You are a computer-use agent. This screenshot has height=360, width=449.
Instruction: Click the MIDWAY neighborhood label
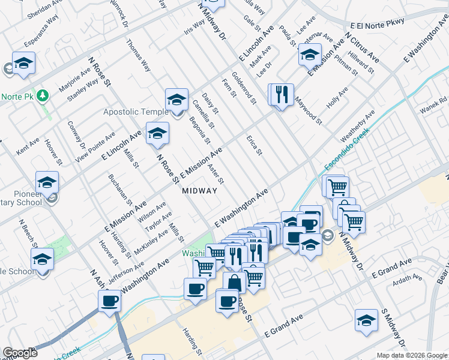point(199,190)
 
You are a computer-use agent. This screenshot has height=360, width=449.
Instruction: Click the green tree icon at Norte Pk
point(43,95)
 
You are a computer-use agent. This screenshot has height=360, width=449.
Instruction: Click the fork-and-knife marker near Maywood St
point(280,94)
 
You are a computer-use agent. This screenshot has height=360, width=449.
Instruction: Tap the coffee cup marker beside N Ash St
point(110,301)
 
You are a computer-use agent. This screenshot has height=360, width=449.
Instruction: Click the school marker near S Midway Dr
point(366,320)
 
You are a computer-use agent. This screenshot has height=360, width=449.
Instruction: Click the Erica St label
point(255,145)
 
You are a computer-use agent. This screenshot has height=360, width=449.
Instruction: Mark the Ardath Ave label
point(408,280)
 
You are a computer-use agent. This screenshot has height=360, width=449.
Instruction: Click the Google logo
point(20,353)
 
